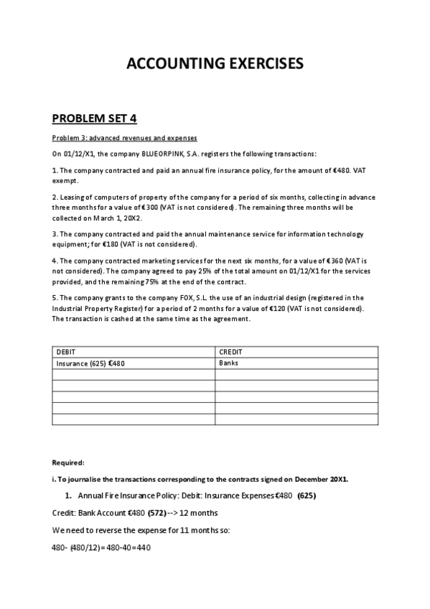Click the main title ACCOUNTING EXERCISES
click(x=215, y=64)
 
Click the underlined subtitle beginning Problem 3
click(x=124, y=138)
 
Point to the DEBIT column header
click(x=65, y=352)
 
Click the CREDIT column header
click(x=230, y=352)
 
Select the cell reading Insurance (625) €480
click(x=90, y=363)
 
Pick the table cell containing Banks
click(x=228, y=363)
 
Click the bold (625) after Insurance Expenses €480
click(x=307, y=496)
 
